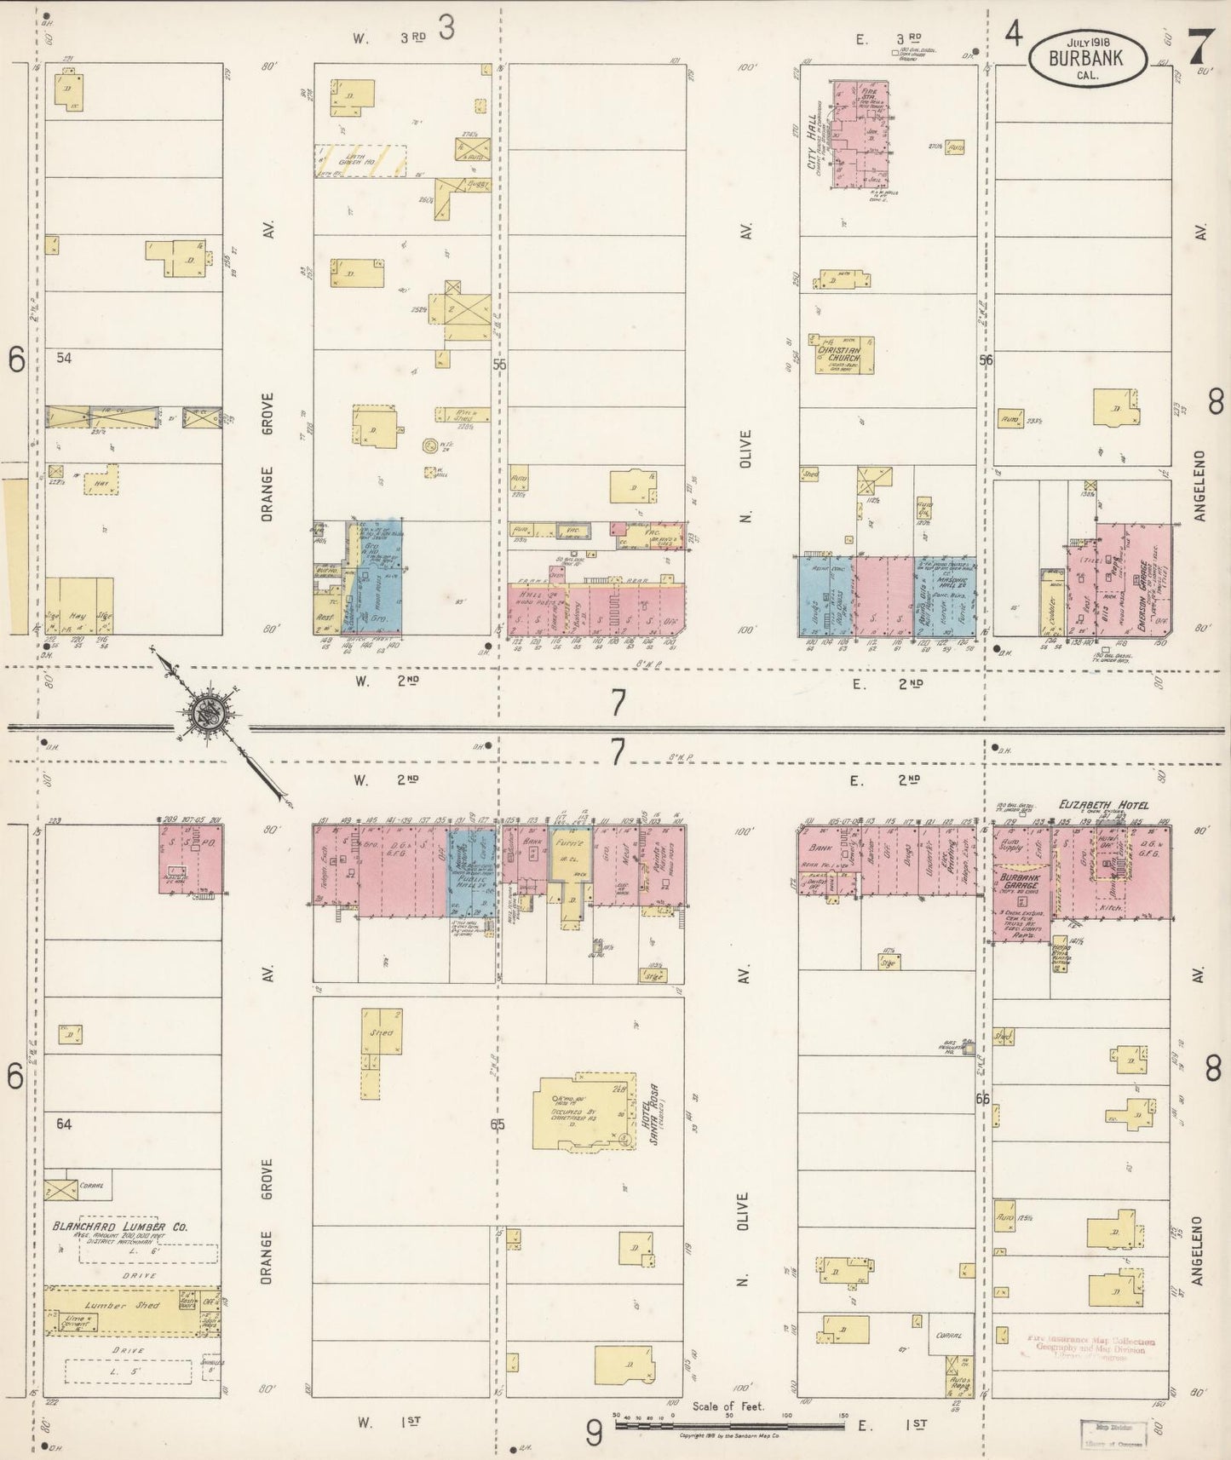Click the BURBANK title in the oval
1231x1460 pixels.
(1086, 59)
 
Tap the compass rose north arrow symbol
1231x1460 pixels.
(205, 713)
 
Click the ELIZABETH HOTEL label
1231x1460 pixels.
(1103, 804)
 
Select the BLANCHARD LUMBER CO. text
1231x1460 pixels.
(120, 1227)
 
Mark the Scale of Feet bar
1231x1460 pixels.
(729, 1426)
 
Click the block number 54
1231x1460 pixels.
(64, 358)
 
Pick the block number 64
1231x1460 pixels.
(64, 1124)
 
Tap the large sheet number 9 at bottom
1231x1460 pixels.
(594, 1434)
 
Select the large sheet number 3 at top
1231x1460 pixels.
(446, 29)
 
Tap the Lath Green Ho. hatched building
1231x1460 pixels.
(360, 160)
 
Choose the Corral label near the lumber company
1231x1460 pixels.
(91, 1185)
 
